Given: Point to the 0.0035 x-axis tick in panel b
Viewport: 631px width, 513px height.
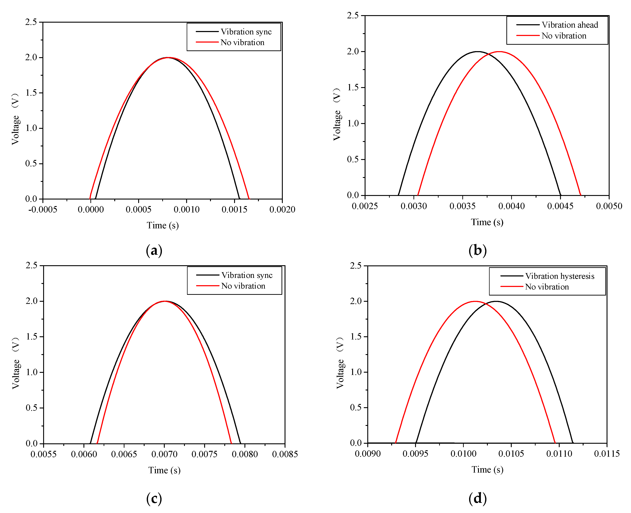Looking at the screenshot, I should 462,206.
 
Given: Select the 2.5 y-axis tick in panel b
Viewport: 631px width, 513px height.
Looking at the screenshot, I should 353,15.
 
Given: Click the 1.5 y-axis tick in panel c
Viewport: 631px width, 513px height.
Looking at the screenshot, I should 32,337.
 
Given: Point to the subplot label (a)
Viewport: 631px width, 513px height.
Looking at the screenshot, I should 154,251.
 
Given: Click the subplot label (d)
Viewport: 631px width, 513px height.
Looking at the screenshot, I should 477,499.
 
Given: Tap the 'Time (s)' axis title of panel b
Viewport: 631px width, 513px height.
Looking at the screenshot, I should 487,222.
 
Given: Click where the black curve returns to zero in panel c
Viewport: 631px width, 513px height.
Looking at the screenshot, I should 241,443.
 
